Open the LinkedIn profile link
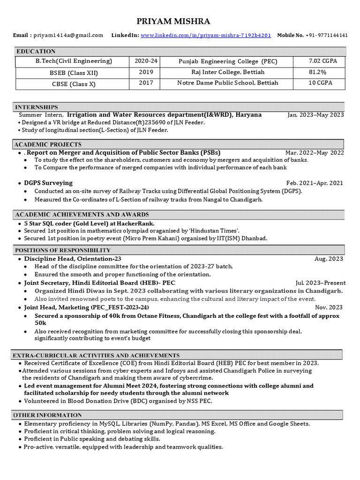click(206, 35)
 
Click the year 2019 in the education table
click(146, 72)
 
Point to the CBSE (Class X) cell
click(74, 83)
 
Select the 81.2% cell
click(317, 72)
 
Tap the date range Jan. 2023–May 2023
click(315, 115)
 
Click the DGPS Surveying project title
click(48, 183)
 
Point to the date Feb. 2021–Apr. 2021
click(315, 183)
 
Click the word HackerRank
click(136, 224)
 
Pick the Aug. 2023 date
click(329, 259)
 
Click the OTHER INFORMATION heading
click(47, 415)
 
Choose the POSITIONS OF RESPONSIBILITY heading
click(63, 250)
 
